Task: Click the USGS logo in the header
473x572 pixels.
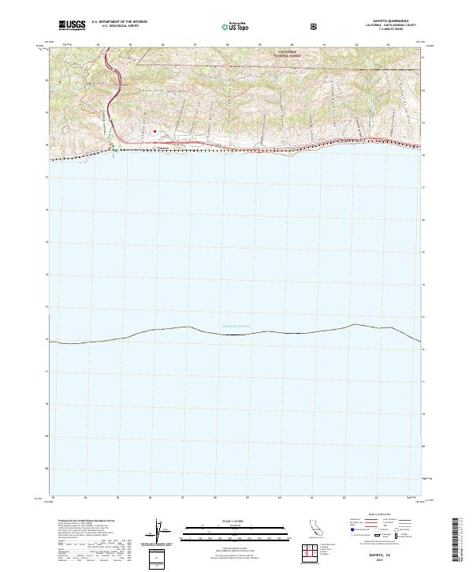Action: pyautogui.click(x=72, y=26)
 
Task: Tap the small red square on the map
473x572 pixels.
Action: pyautogui.click(x=155, y=131)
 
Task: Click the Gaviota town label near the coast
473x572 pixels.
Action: pyautogui.click(x=164, y=148)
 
